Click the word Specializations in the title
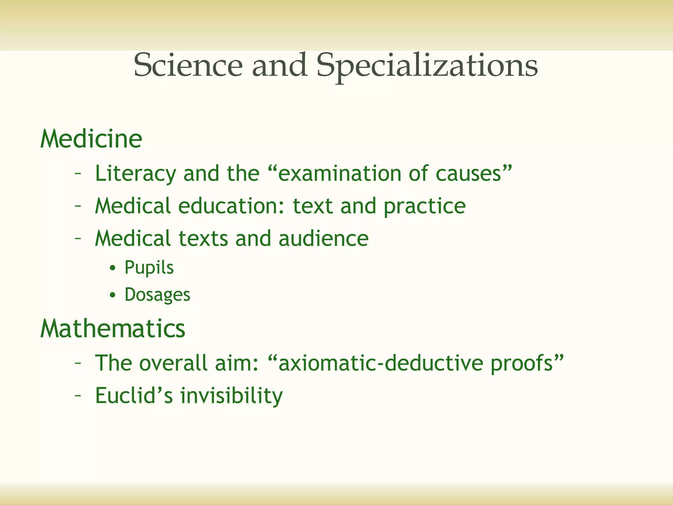coord(427,66)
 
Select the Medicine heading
coord(91,139)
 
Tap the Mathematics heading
coord(113,328)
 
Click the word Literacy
coord(135,174)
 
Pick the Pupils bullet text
coord(149,268)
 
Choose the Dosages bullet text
coord(157,295)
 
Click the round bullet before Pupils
coord(113,268)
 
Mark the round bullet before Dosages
coord(113,295)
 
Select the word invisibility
coord(231,396)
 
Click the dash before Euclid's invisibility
coord(78,396)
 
